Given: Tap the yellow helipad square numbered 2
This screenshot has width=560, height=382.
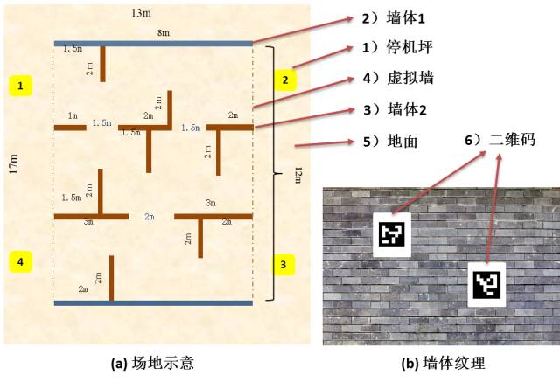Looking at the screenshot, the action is pos(283,80).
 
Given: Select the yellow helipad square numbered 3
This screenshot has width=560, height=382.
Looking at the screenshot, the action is pos(283,263).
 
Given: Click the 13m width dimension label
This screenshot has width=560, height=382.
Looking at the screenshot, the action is pos(141,14).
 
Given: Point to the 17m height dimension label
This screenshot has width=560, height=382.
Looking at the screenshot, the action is pos(14,164).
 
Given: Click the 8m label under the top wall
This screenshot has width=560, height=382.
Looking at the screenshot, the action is pos(164,33).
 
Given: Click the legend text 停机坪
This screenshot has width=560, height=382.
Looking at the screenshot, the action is pos(412,47).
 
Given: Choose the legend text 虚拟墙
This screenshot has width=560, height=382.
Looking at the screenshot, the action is pos(412,78).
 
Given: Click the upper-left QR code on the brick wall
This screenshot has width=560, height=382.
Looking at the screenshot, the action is pos(392,234).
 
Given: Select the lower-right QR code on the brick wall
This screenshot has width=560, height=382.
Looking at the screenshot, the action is pos(486,283).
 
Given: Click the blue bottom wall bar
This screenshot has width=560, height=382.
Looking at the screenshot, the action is pos(153,303).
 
